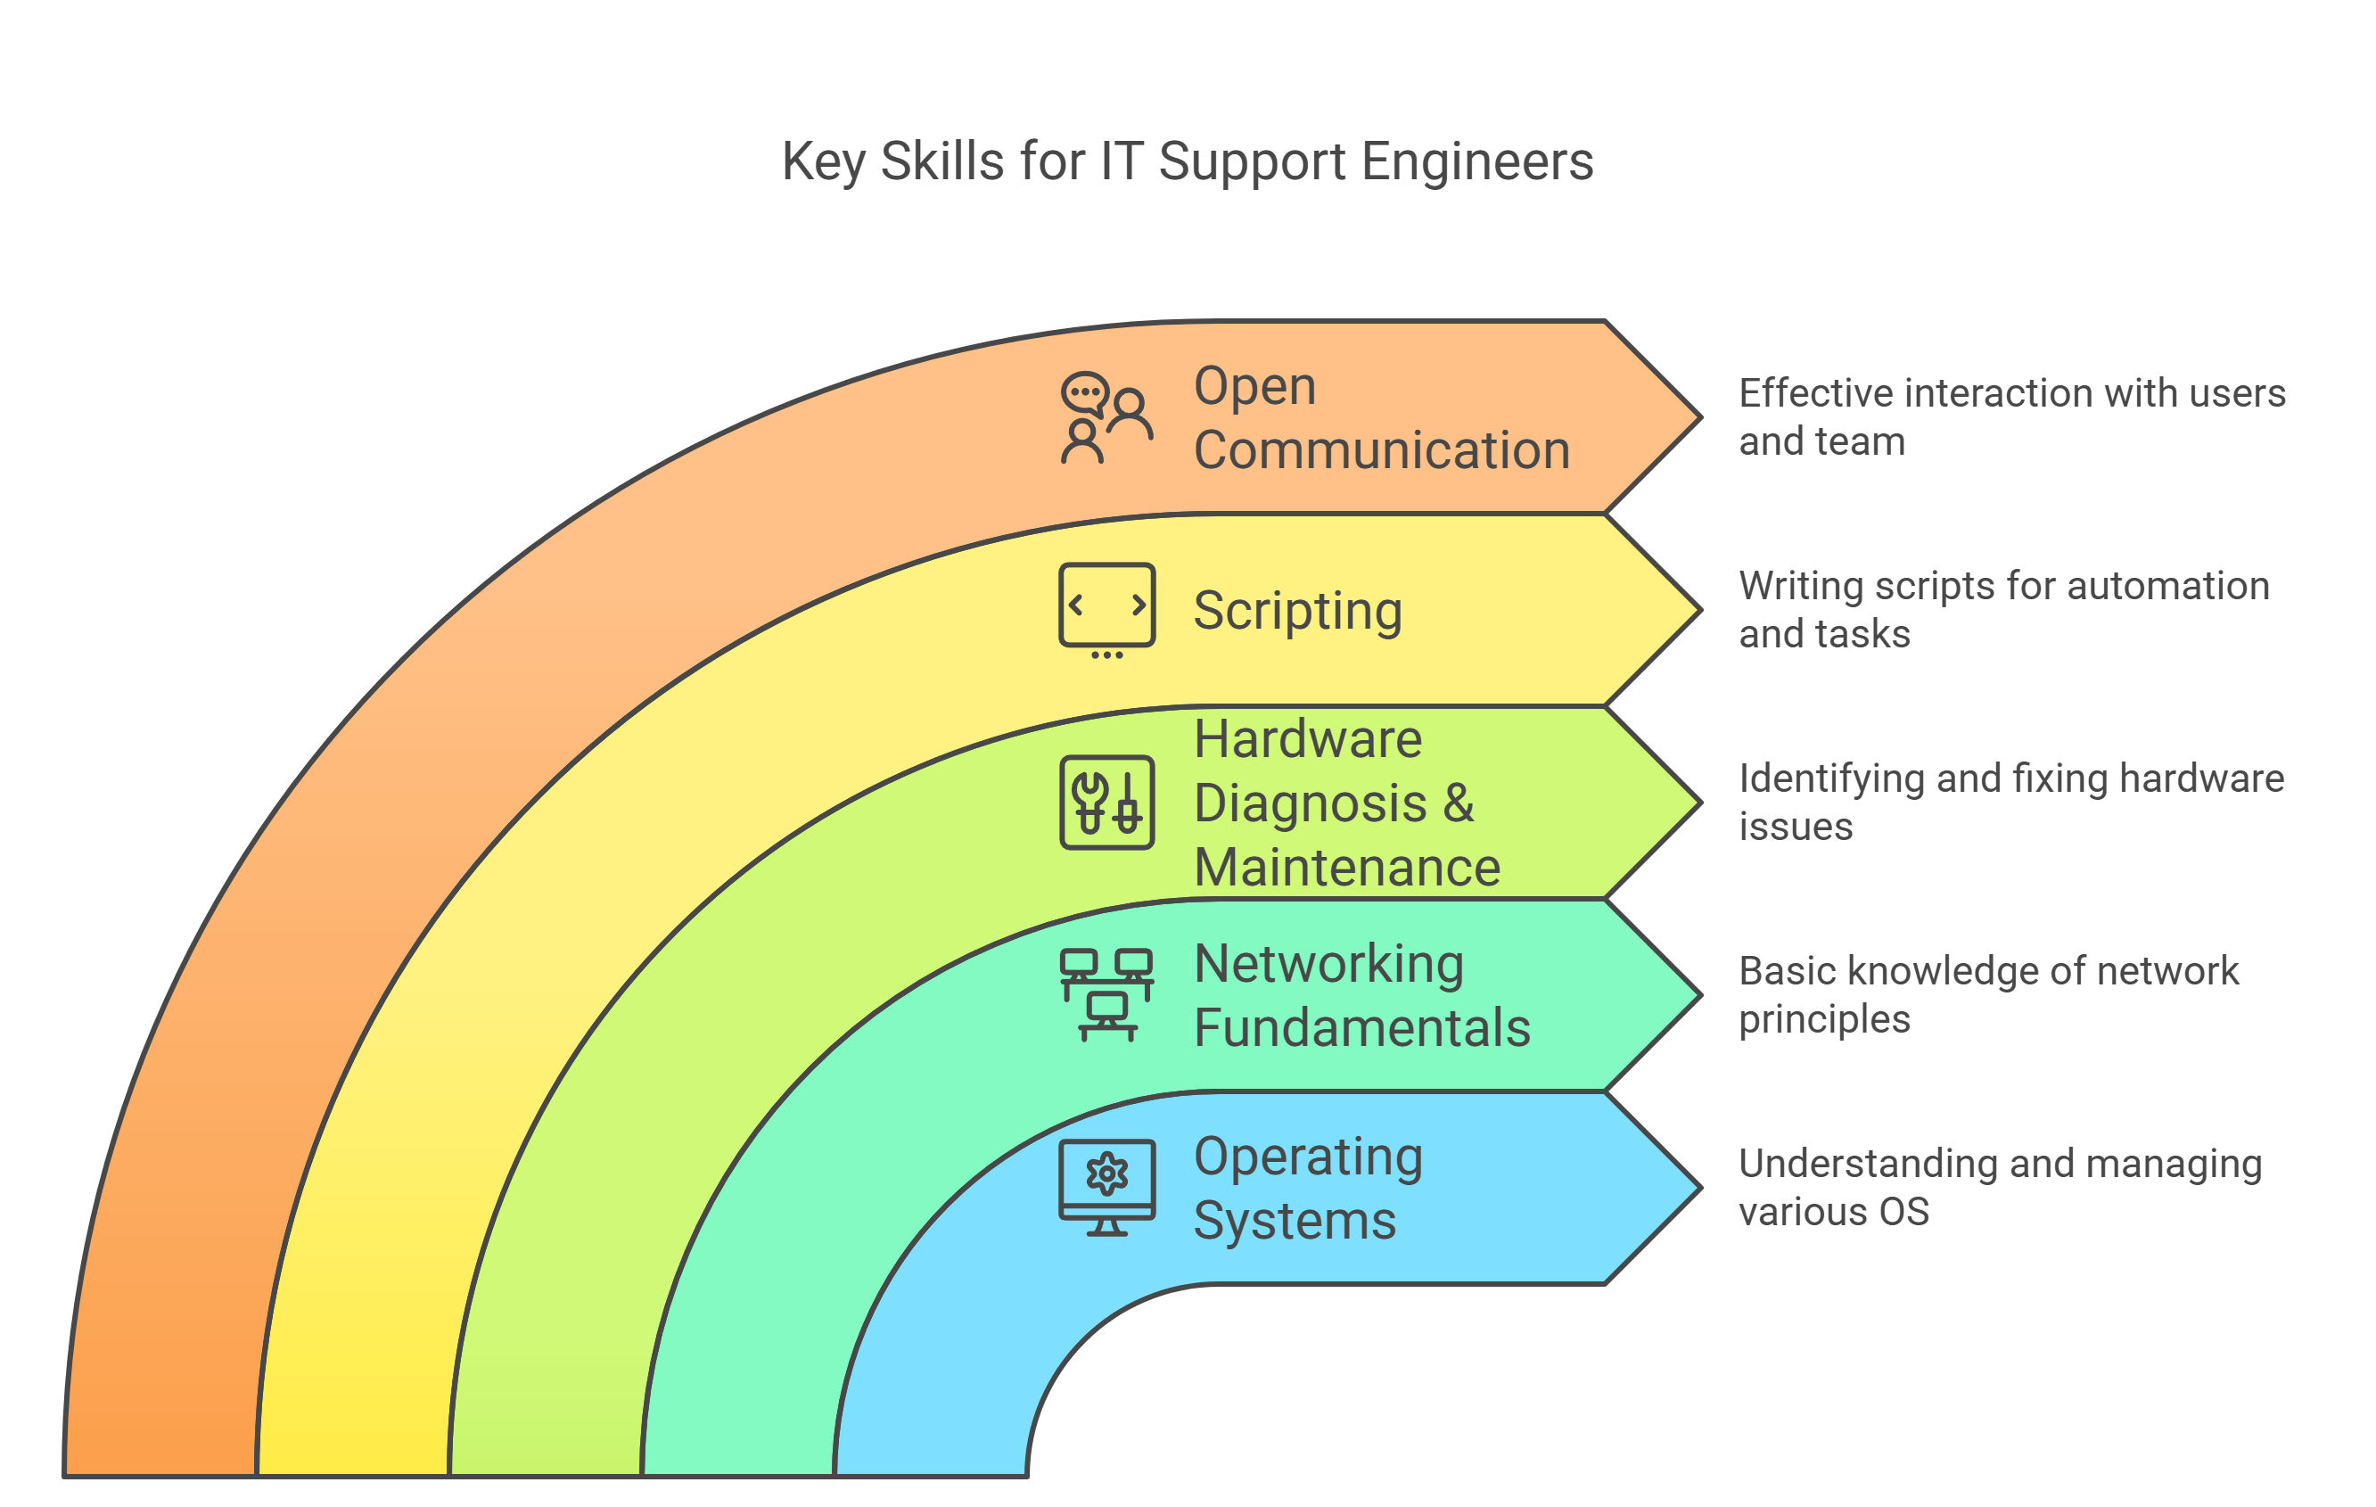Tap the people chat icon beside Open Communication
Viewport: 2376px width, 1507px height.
point(1106,418)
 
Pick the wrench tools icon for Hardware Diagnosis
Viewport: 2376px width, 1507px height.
point(1106,802)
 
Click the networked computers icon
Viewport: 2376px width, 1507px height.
point(1106,993)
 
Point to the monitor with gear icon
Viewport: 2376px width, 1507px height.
point(1106,1186)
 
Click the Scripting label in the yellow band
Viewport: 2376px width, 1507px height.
point(1296,610)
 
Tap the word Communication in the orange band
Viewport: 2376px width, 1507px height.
point(1381,450)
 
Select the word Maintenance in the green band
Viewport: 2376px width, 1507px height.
point(1347,868)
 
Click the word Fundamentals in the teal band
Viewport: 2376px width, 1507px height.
point(1361,1027)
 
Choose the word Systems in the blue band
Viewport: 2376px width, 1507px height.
point(1295,1221)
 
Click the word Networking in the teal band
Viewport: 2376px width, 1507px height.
point(1328,963)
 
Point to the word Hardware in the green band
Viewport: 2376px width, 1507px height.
point(1307,738)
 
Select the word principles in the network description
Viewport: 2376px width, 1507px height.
point(1823,1019)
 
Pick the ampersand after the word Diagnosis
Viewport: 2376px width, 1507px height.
point(1459,803)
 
